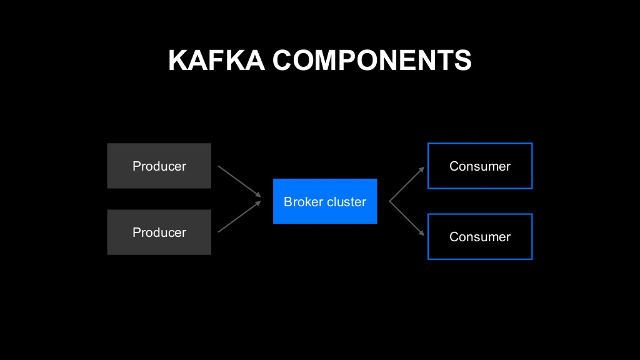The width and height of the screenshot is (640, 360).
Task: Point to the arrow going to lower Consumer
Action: tap(406, 218)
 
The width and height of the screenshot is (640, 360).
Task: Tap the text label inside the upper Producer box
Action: tap(159, 166)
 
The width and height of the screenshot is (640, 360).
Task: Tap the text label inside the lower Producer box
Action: tap(159, 232)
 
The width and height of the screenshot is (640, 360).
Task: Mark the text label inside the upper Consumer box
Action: tap(480, 166)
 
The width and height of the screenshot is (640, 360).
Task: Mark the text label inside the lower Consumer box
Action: tap(480, 237)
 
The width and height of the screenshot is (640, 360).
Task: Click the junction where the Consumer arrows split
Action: tap(390, 201)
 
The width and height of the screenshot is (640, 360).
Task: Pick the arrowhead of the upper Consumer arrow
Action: tap(422, 168)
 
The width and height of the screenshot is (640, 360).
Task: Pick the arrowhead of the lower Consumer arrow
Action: tap(422, 234)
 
